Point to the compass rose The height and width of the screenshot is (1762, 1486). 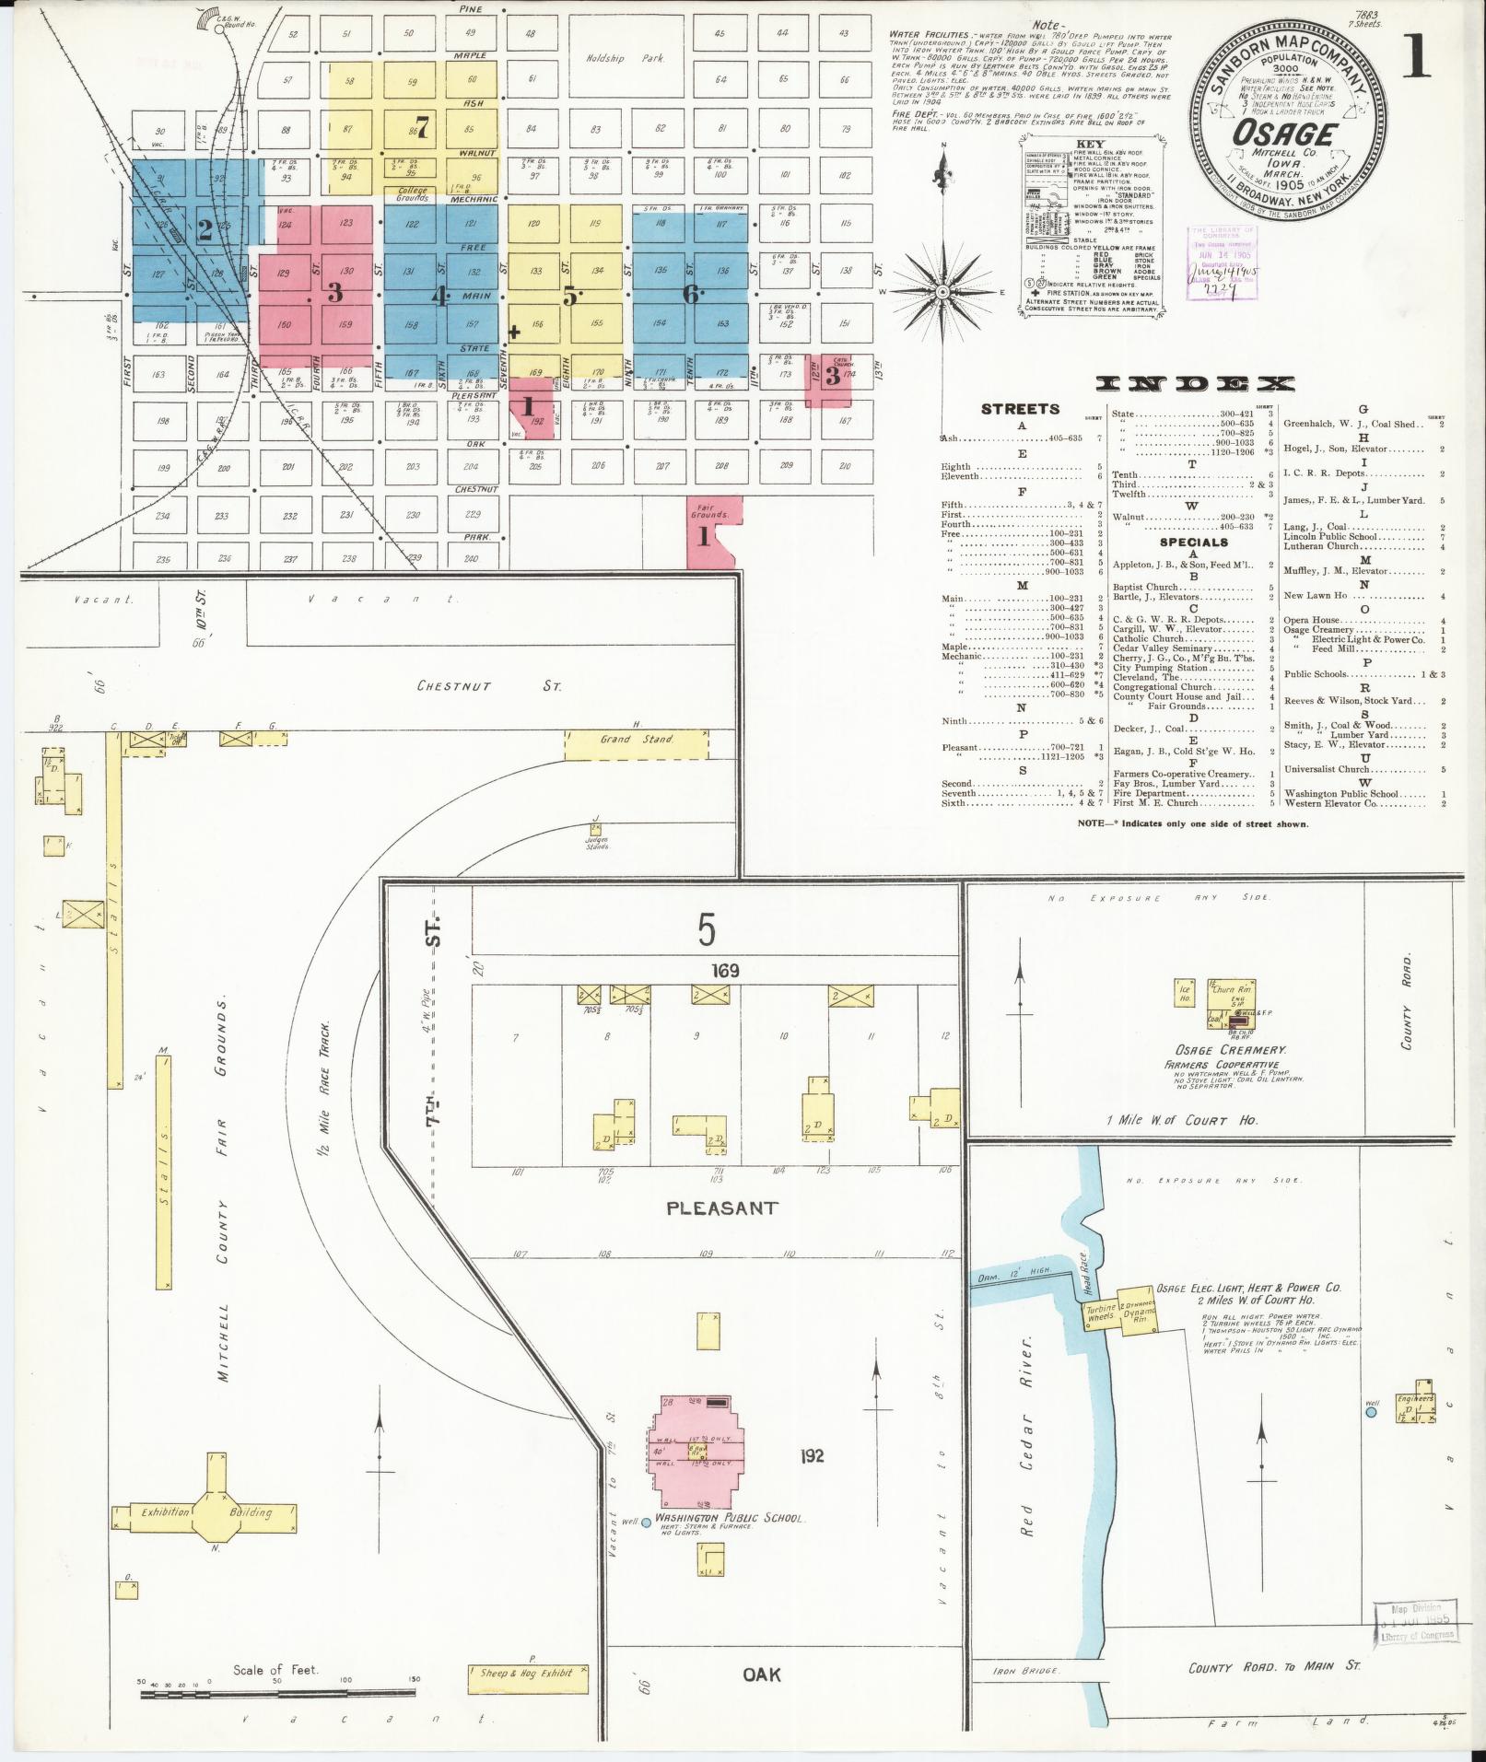pos(942,292)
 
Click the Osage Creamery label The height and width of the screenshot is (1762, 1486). pos(1217,1050)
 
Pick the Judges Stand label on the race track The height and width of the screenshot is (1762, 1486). pos(597,841)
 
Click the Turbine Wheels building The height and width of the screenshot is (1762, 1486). pos(1101,1314)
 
